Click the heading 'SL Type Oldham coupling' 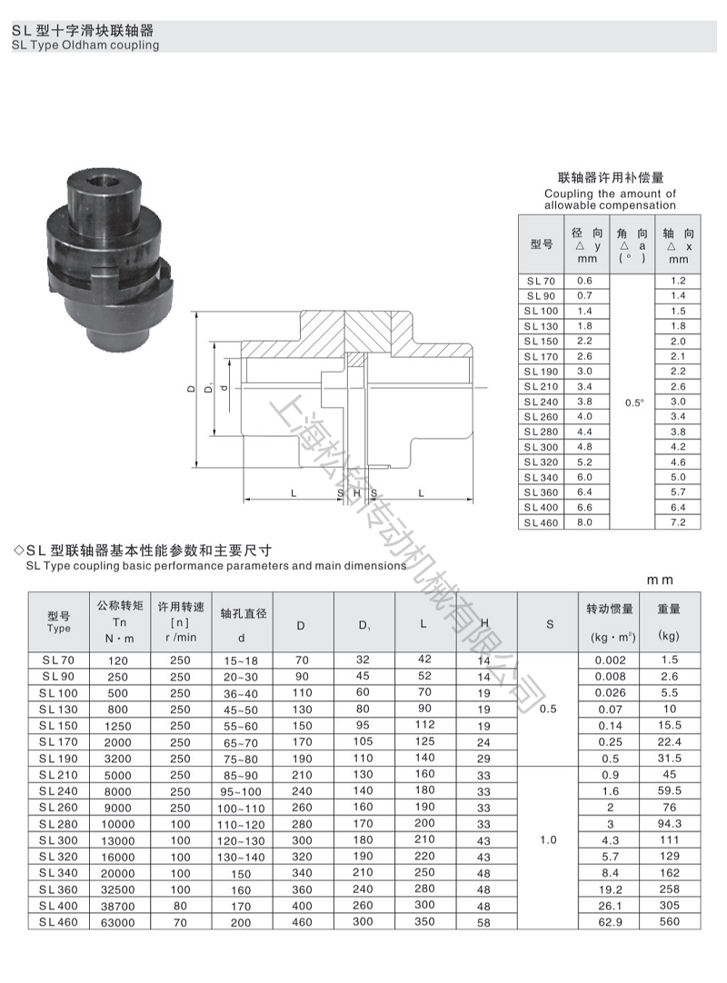[85, 45]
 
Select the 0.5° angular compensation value [633, 401]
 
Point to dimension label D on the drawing [192, 388]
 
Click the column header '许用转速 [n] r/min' [181, 621]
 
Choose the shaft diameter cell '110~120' [242, 824]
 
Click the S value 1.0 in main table [548, 840]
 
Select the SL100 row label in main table [59, 692]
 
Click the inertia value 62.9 [610, 921]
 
